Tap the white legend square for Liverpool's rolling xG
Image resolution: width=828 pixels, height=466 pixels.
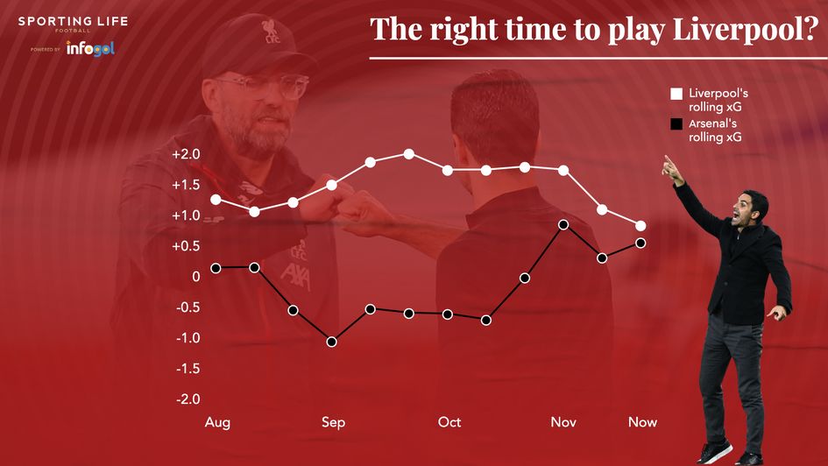pyautogui.click(x=676, y=93)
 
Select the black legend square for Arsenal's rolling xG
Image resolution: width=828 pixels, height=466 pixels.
pyautogui.click(x=676, y=124)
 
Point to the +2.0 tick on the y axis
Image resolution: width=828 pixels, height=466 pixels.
pyautogui.click(x=186, y=155)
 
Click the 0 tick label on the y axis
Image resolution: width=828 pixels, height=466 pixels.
pyautogui.click(x=195, y=277)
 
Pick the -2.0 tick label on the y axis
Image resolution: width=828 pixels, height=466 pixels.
pyautogui.click(x=187, y=399)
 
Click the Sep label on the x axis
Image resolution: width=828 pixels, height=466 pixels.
pyautogui.click(x=333, y=423)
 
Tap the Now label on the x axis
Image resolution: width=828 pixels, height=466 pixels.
pyautogui.click(x=642, y=423)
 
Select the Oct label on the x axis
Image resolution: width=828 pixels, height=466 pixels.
pyautogui.click(x=449, y=423)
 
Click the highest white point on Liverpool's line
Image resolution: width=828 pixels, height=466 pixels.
pyautogui.click(x=409, y=154)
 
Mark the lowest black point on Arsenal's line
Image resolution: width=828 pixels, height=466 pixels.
pyautogui.click(x=332, y=342)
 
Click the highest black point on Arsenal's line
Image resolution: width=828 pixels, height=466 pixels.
pyautogui.click(x=563, y=224)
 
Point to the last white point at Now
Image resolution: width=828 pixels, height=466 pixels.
pyautogui.click(x=640, y=226)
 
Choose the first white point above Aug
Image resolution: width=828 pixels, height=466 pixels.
pyautogui.click(x=216, y=200)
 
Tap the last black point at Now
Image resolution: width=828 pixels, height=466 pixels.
pyautogui.click(x=640, y=243)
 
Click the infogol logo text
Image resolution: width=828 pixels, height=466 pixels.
pyautogui.click(x=90, y=49)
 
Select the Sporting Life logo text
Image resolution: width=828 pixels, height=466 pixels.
pyautogui.click(x=73, y=20)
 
